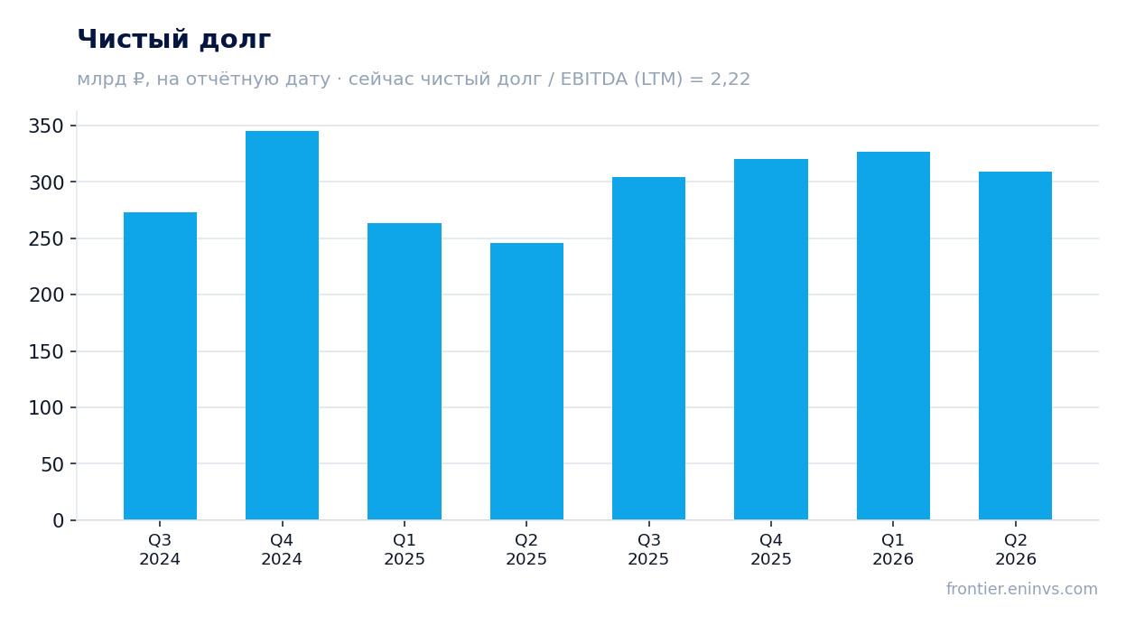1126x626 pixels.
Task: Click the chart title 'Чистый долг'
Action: coord(174,40)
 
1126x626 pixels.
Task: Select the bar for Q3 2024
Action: coord(161,366)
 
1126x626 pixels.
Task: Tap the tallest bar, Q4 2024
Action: coord(282,325)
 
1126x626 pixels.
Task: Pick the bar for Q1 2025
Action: coord(405,371)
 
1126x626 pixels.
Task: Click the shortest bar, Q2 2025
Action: coord(526,381)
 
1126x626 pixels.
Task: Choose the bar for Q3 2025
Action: coord(649,349)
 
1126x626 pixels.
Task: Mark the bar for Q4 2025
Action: coord(771,340)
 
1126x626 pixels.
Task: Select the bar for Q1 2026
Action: coord(893,336)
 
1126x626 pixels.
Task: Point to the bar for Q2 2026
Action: coord(1016,346)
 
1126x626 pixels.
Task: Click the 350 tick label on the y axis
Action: coord(46,126)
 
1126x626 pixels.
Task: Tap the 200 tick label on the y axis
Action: coord(46,295)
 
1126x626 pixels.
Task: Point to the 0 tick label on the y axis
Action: coord(59,521)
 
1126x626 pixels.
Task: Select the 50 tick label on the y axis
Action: coord(52,464)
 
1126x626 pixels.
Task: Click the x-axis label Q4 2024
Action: coord(282,549)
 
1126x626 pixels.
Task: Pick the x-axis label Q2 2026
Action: coord(1016,549)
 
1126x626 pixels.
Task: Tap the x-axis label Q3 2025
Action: coord(648,549)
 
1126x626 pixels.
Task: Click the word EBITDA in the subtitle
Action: coord(594,79)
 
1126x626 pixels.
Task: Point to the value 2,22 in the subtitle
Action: coord(730,79)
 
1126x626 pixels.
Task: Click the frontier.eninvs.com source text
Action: coord(1022,589)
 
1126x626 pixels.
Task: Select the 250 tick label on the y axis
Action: coord(46,238)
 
